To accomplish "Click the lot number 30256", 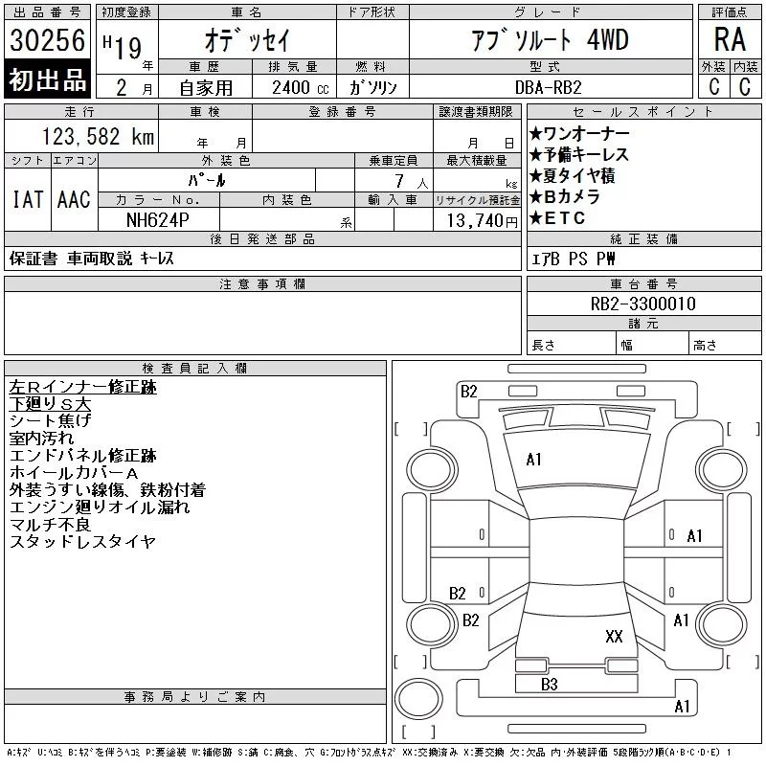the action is [x=47, y=39].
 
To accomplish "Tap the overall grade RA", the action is [x=730, y=39].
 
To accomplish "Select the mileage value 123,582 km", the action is [x=98, y=136].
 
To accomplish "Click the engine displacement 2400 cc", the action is [x=300, y=87].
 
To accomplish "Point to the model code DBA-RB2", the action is [x=548, y=87].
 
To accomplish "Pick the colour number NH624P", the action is [x=157, y=220].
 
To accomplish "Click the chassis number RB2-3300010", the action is [x=642, y=304].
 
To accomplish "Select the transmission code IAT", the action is [x=28, y=199].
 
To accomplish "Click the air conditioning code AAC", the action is [x=74, y=199].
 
